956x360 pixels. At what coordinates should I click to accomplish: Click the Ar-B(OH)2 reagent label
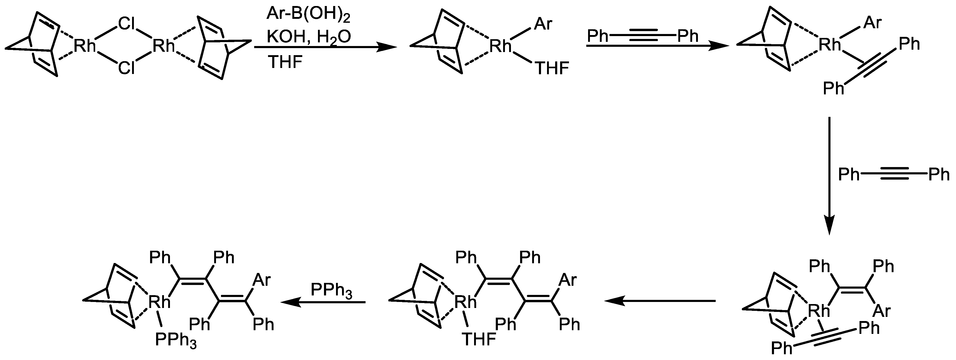pyautogui.click(x=308, y=15)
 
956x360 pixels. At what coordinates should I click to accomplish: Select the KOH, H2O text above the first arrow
pyautogui.click(x=308, y=37)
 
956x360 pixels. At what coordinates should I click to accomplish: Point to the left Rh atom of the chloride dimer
pyautogui.click(x=85, y=46)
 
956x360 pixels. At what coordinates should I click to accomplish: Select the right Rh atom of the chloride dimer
pyautogui.click(x=164, y=46)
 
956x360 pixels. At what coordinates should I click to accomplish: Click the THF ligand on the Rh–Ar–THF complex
pyautogui.click(x=552, y=69)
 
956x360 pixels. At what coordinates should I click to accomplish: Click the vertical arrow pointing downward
pyautogui.click(x=829, y=176)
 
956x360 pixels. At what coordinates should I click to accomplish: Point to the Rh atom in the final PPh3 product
pyautogui.click(x=159, y=302)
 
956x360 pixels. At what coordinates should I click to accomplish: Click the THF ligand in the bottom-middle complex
pyautogui.click(x=479, y=339)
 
